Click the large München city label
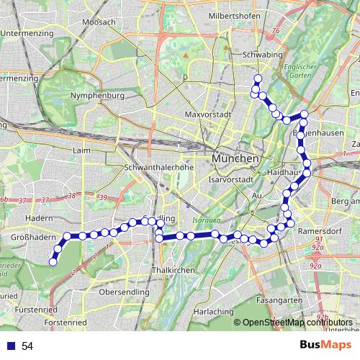click(x=235, y=158)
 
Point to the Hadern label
click(x=37, y=217)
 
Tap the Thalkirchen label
click(x=171, y=269)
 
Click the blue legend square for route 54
click(x=9, y=346)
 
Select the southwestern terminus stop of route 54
click(x=53, y=263)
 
